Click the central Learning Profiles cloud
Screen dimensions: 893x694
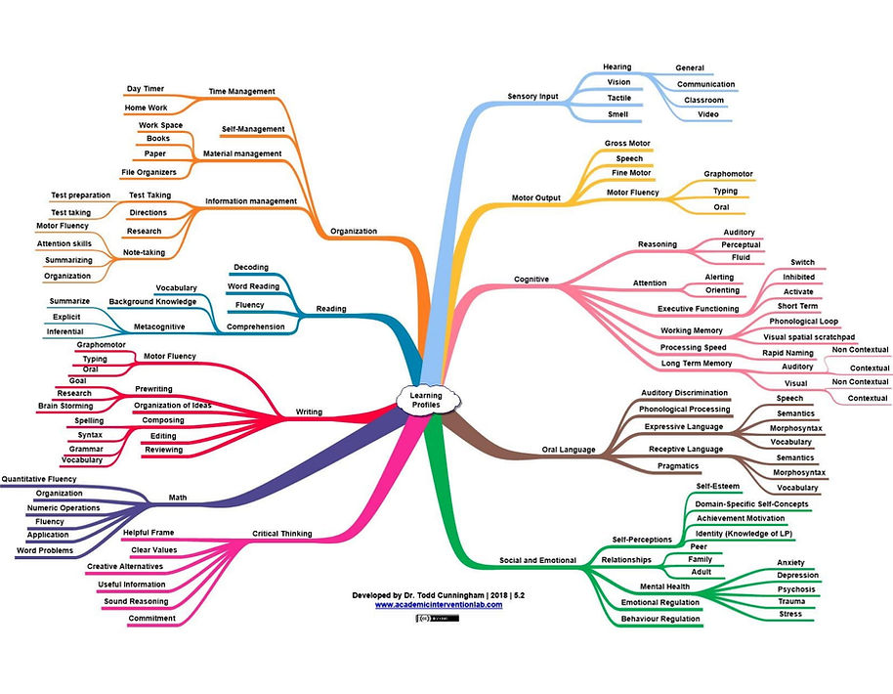427,400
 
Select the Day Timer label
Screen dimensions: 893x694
146,89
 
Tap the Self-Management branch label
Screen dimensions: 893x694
253,129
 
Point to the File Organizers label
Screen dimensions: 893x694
149,172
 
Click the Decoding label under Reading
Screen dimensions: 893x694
251,267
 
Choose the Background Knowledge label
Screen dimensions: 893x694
152,301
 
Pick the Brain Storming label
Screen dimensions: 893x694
65,406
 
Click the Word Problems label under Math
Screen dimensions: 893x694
45,550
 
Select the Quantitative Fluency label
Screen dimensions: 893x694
39,479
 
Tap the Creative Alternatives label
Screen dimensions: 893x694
125,566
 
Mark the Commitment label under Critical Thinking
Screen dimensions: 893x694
152,618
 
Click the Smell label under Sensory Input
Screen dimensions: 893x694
617,114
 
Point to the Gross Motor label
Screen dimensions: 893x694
627,143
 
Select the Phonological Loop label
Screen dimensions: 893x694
803,322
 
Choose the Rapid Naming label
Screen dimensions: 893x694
787,353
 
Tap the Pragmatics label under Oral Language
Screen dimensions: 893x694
678,466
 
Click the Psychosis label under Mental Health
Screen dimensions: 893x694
796,589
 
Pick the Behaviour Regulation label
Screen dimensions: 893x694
660,619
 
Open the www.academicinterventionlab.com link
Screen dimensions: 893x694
439,605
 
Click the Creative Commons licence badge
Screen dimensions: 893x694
438,618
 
